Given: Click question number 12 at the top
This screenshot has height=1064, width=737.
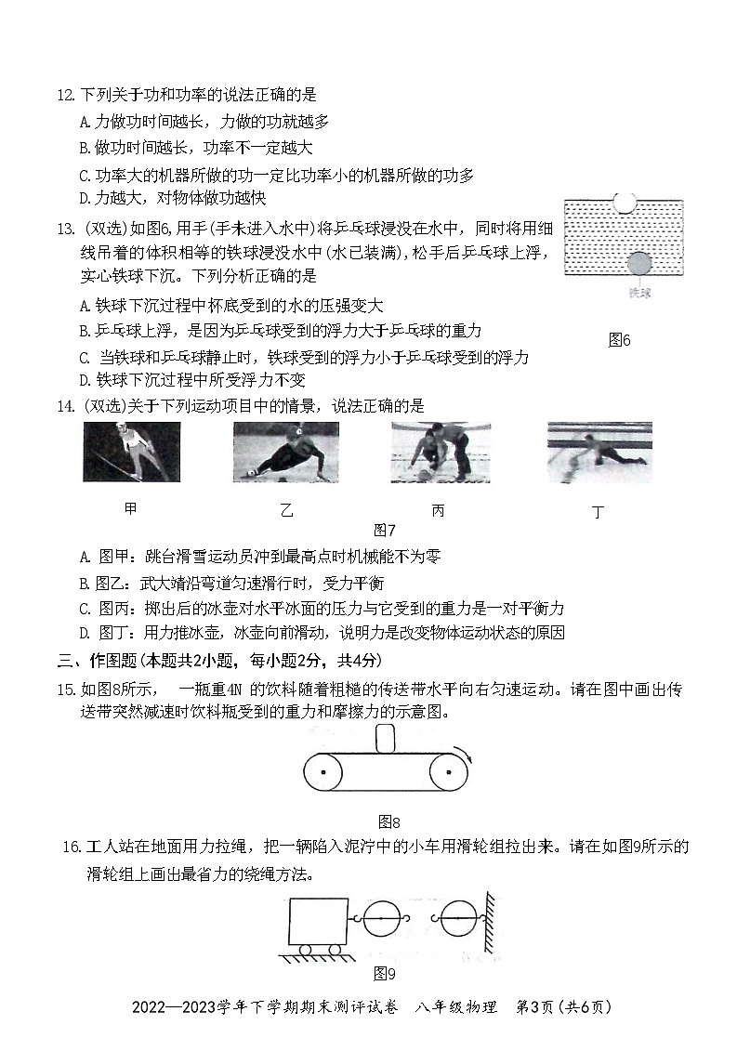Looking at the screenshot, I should click(x=65, y=95).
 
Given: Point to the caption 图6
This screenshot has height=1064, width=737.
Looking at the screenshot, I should click(x=619, y=340).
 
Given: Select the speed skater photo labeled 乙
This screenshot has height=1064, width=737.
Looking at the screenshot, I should click(x=285, y=452).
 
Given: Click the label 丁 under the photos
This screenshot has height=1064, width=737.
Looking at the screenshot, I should click(x=598, y=511).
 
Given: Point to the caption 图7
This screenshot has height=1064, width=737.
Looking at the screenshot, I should click(x=384, y=531).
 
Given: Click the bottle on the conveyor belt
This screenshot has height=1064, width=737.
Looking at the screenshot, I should click(x=384, y=740).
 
